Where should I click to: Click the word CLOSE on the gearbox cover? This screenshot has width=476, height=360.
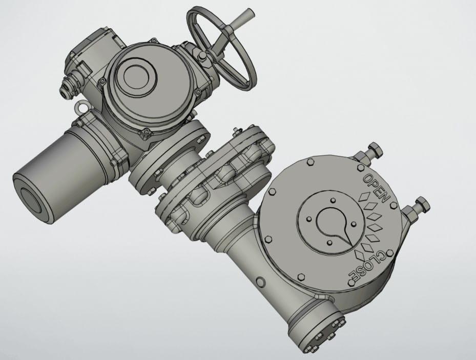(370, 267)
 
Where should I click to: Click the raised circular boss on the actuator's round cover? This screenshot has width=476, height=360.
(136, 76)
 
